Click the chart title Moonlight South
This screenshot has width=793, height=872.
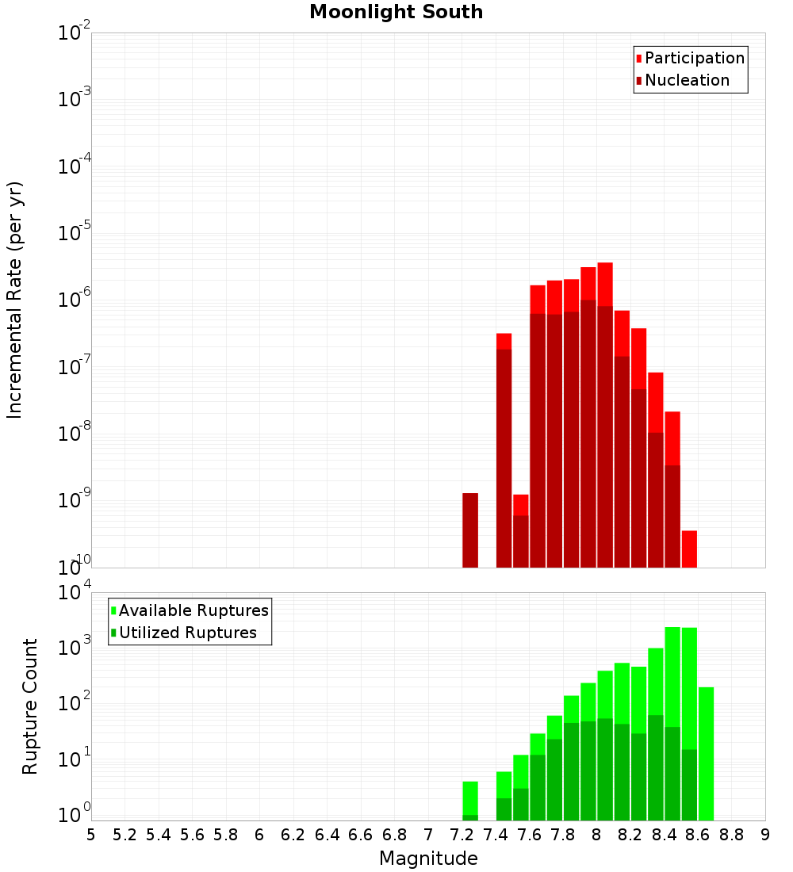click(x=396, y=12)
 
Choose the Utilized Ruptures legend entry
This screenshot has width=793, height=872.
click(x=187, y=633)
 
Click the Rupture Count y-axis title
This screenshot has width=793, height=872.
click(x=30, y=706)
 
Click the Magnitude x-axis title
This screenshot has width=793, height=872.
click(x=428, y=859)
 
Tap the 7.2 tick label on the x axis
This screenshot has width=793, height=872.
click(x=462, y=834)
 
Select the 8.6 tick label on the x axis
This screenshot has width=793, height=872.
click(x=698, y=834)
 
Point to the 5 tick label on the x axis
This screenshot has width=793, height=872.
click(x=91, y=834)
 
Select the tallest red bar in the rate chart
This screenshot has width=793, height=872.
click(x=605, y=412)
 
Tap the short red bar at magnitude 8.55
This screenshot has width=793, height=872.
click(x=689, y=549)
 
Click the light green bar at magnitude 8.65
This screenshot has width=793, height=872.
click(x=706, y=753)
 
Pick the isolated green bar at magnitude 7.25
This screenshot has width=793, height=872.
click(x=470, y=801)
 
